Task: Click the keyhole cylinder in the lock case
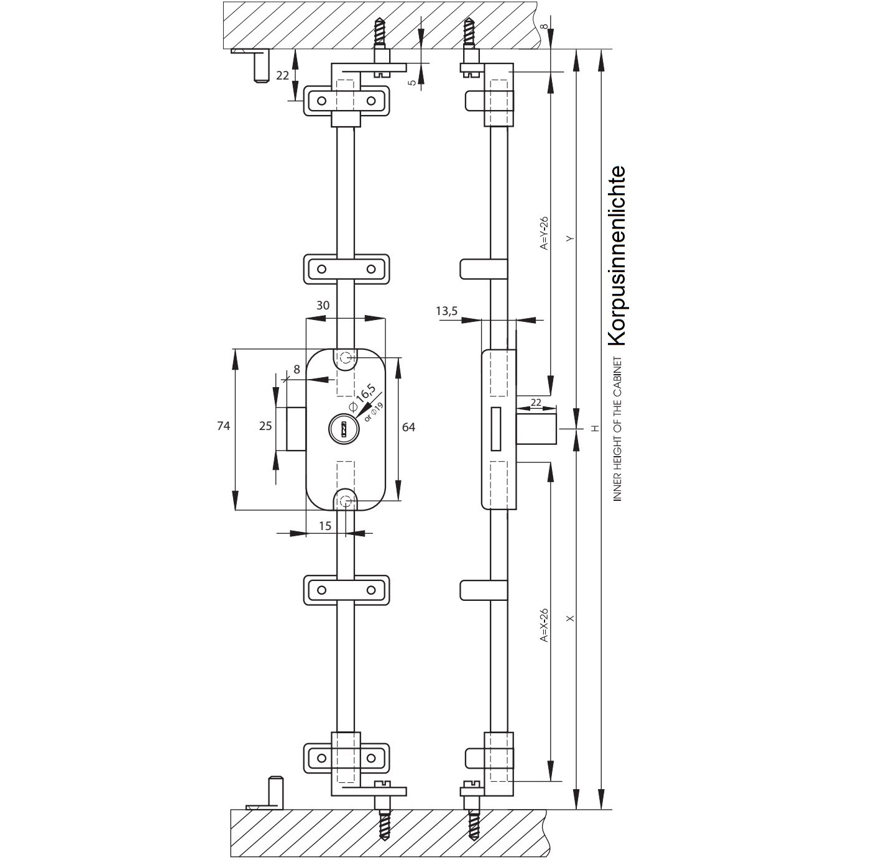click(x=341, y=428)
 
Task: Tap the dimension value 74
click(x=224, y=426)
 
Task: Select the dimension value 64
click(x=409, y=427)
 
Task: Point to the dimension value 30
click(x=323, y=305)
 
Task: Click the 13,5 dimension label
click(x=446, y=311)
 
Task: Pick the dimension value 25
click(x=266, y=426)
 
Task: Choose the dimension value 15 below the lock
click(x=324, y=526)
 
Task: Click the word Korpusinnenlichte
click(x=617, y=255)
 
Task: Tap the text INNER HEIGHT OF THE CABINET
click(x=617, y=429)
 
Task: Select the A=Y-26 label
click(x=545, y=233)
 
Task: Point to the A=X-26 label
click(x=545, y=624)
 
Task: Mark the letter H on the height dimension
click(x=594, y=428)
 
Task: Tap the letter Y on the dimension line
click(x=571, y=238)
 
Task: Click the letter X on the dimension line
click(x=571, y=618)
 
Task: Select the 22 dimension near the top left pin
click(x=283, y=75)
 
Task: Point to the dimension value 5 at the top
click(x=412, y=82)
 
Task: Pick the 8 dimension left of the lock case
click(x=297, y=370)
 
